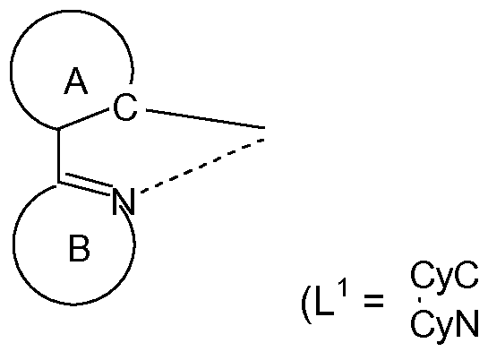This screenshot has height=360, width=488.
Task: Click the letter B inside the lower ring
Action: (x=79, y=252)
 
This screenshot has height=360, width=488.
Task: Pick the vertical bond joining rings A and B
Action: (x=58, y=156)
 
